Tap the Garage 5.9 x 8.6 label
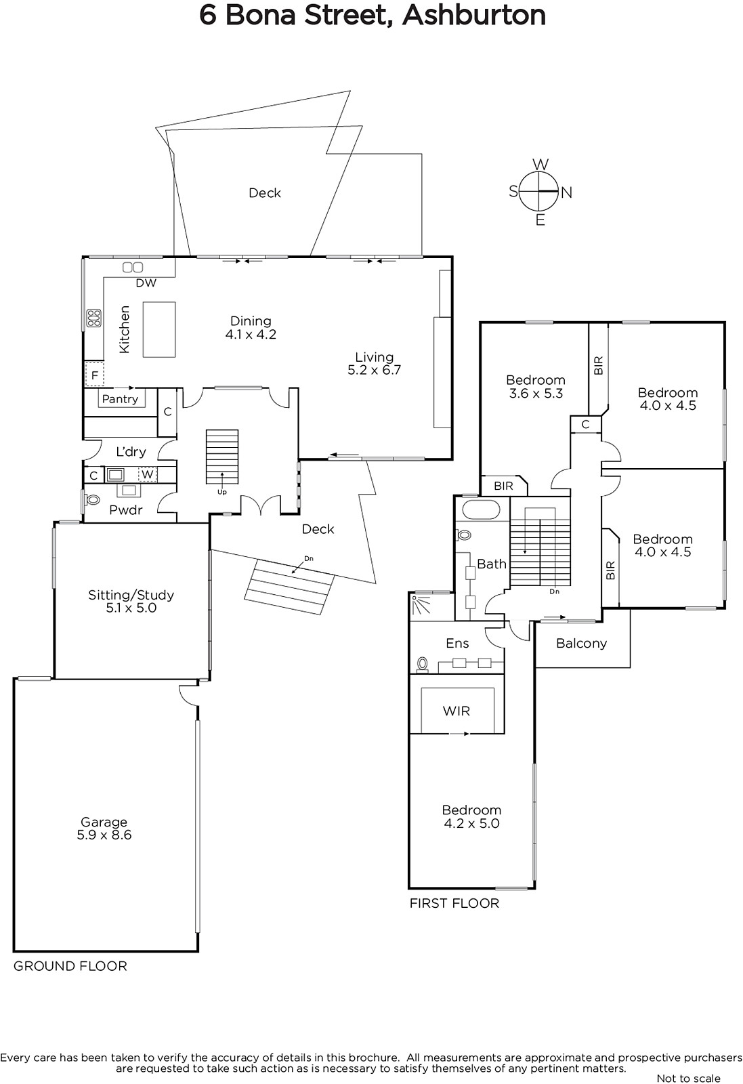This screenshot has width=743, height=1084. click(x=104, y=828)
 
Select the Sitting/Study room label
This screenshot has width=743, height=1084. click(x=131, y=601)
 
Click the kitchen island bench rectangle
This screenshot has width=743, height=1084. click(x=159, y=329)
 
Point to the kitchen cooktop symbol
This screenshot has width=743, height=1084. click(x=94, y=318)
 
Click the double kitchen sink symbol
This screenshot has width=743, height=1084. click(x=133, y=267)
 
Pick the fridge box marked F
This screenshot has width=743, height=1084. click(x=94, y=375)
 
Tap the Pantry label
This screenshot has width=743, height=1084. click(x=120, y=399)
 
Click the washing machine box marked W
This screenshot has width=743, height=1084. click(x=148, y=474)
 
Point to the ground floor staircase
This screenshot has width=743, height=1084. click(x=222, y=457)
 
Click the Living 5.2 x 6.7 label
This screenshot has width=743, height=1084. click(x=375, y=363)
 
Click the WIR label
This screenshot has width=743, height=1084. click(x=456, y=711)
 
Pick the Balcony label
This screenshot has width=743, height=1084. click(x=581, y=643)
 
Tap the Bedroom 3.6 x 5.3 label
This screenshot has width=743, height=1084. click(x=536, y=386)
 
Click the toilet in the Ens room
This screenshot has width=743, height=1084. click(x=422, y=665)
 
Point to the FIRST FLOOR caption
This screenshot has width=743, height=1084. click(x=454, y=903)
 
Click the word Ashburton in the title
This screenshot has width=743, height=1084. click(x=474, y=16)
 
